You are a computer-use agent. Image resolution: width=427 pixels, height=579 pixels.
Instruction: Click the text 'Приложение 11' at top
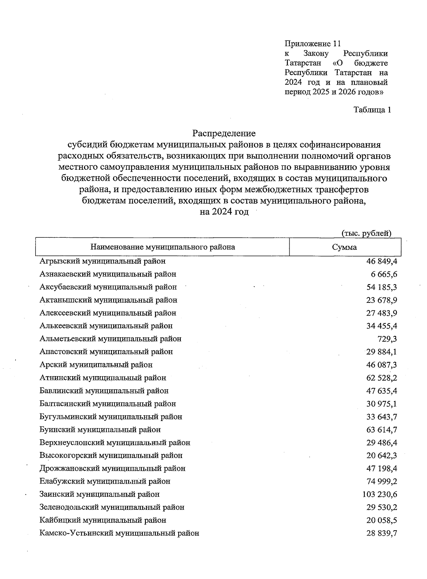tap(313, 44)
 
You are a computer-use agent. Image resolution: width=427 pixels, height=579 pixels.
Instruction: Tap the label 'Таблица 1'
tap(372, 110)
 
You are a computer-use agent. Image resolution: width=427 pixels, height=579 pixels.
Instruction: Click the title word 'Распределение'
tap(224, 133)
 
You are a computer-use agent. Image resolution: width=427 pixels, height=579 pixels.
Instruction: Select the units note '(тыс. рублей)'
tap(367, 233)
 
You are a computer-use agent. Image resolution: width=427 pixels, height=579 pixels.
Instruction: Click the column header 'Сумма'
tap(344, 247)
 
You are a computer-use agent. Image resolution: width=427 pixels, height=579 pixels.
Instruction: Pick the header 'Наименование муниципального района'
tap(163, 247)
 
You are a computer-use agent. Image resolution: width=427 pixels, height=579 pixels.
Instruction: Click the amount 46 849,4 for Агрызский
tap(381, 262)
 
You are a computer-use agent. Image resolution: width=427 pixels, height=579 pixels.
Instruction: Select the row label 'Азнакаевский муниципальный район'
tap(108, 274)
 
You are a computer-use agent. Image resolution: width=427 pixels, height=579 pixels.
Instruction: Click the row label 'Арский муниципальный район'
tap(96, 365)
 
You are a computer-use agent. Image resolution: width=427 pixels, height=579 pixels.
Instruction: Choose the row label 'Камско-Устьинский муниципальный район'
tap(119, 533)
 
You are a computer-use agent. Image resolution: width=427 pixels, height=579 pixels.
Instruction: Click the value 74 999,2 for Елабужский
tap(381, 481)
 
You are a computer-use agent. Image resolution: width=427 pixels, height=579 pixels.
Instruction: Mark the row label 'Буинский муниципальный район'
tap(100, 430)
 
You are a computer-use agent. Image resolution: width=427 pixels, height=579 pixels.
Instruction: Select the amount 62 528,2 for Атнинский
tap(381, 378)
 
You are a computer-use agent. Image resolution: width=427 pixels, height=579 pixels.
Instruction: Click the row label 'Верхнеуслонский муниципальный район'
tap(115, 443)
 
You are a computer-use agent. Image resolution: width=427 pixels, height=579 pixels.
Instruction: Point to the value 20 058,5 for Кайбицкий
tap(381, 520)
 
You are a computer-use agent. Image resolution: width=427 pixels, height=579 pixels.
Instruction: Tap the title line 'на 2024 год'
tap(224, 212)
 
